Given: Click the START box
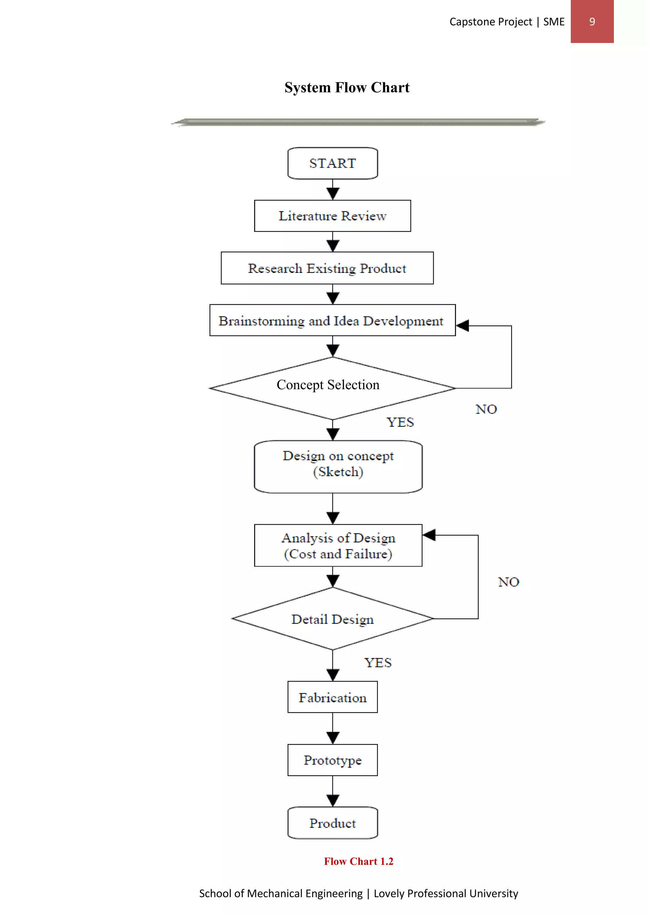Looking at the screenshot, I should [333, 163].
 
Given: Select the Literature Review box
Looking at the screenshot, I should [333, 216].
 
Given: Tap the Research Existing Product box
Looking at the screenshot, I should [327, 268].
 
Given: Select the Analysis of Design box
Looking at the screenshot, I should [338, 546].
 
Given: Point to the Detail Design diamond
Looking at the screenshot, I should [333, 619].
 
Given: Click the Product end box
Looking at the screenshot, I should [333, 823].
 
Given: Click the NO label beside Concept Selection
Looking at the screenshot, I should [486, 409].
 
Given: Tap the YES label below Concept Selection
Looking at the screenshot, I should [400, 422].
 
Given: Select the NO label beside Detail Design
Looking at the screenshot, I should [508, 582].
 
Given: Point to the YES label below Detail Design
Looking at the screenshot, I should [378, 663].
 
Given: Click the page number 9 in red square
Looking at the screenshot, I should [592, 21].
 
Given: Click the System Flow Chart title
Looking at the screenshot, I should [347, 87].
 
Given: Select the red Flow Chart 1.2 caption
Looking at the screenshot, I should [358, 861].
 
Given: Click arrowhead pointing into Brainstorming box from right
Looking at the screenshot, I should [463, 326].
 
